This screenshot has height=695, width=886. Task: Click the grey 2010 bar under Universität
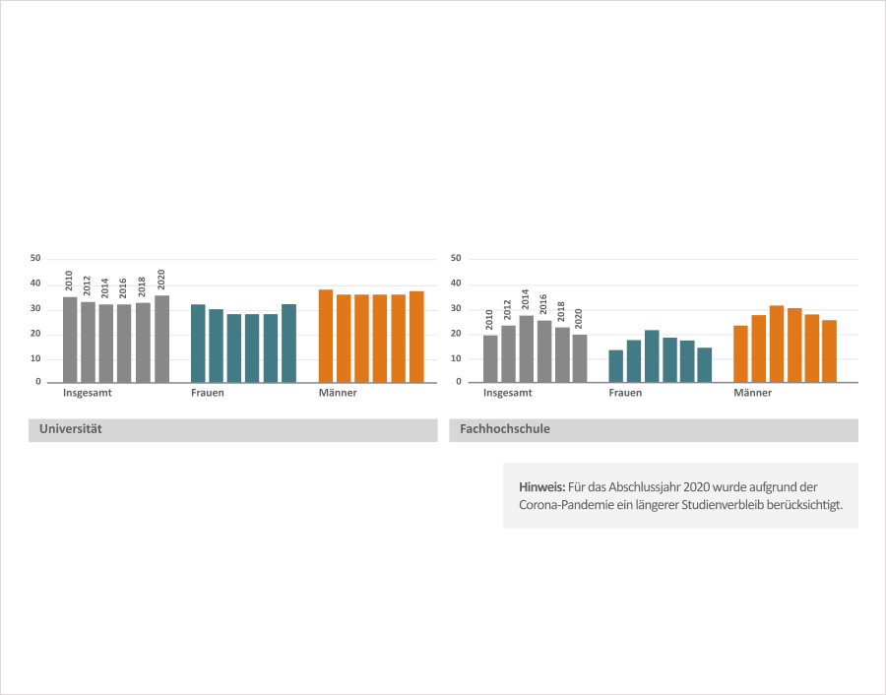coord(70,340)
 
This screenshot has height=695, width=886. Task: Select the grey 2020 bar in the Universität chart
coord(161,339)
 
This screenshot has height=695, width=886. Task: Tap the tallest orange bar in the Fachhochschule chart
coord(777,344)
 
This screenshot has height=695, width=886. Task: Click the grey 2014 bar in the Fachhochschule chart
coord(527,348)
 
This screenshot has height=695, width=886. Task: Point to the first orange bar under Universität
coord(326,336)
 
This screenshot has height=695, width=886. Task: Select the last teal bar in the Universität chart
coord(288,343)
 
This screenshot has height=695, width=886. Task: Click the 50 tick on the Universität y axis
coord(35,259)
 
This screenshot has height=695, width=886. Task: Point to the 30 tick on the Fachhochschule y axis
coord(456,308)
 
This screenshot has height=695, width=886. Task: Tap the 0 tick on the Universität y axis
coord(37,382)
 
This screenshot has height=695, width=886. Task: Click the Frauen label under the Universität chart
coord(207,394)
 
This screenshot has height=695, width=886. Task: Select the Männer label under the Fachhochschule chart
coord(752,394)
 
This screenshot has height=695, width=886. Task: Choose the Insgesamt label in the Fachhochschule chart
coord(507,394)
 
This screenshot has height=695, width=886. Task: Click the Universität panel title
coord(70,430)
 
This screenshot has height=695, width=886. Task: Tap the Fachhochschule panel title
coord(504,430)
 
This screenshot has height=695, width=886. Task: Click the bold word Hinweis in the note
coord(541,487)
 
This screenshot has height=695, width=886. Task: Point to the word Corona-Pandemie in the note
coord(560,505)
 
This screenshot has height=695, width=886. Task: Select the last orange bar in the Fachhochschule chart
coord(830,350)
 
